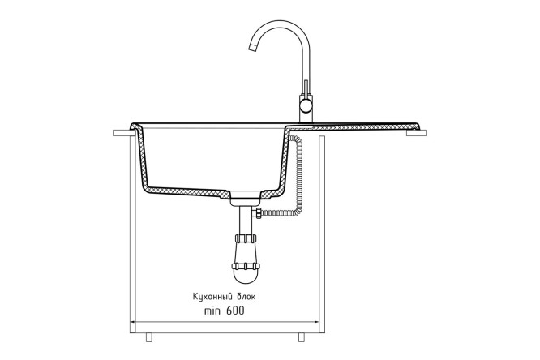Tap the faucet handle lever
tap(305, 88)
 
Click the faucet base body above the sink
tap(306, 109)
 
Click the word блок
tap(246, 297)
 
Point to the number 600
tap(235, 311)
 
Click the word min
tap(212, 311)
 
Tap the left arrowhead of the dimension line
tap(133, 322)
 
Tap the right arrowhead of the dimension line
tap(315, 322)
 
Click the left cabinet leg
tap(148, 337)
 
